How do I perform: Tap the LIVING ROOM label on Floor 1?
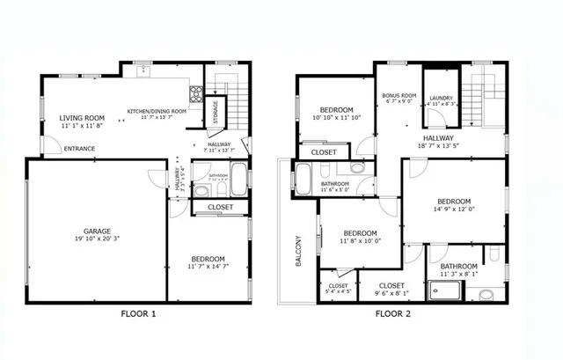(82, 118)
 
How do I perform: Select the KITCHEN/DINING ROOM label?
(157, 111)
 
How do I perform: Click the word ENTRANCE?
(80, 149)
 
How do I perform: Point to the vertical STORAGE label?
(216, 113)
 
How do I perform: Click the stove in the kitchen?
(197, 92)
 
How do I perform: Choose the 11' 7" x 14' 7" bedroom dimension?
(208, 267)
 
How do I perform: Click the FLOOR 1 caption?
(137, 312)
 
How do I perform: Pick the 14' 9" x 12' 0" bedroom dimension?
(454, 209)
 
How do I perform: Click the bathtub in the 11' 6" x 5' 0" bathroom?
(303, 179)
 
